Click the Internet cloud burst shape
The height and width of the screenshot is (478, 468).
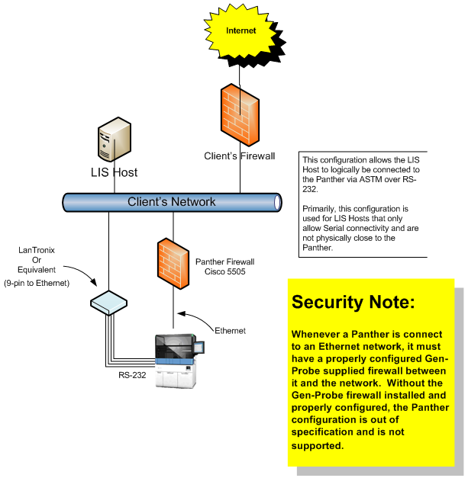pos(241,31)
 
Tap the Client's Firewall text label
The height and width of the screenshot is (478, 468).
pos(239,156)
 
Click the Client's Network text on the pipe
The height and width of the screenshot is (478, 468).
pos(171,202)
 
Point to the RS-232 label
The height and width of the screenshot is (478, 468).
pos(121,374)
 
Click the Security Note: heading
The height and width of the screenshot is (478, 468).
pos(353,302)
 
